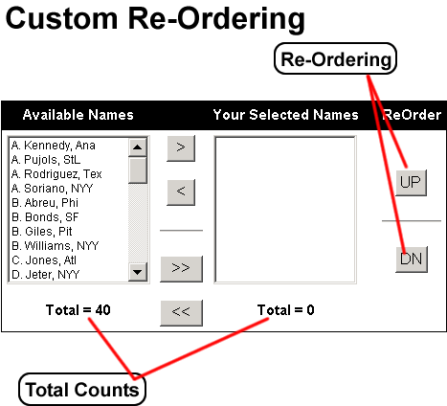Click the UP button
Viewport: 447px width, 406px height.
coord(411,183)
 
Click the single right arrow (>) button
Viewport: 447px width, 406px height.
coord(181,148)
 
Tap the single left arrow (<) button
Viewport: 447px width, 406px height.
coord(181,192)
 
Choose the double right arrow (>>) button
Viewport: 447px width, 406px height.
coord(181,269)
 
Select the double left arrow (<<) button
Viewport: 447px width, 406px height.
coord(181,313)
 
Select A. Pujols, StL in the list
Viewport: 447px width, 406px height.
coord(46,160)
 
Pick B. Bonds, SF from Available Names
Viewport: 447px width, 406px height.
coord(45,217)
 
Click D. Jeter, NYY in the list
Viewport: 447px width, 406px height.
coord(45,275)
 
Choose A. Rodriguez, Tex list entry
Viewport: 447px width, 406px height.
coord(56,174)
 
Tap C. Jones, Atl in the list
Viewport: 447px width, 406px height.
coord(44,260)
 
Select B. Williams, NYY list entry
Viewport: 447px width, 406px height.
coord(55,246)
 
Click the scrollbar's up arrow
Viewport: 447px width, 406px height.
coord(138,147)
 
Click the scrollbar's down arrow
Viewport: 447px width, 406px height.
coord(138,272)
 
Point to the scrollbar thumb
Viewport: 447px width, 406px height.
coord(138,170)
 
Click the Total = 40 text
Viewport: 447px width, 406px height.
coord(78,310)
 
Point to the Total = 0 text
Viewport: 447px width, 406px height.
coord(286,310)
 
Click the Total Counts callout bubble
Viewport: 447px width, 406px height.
coord(82,390)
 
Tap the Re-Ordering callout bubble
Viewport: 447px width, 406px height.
coord(335,59)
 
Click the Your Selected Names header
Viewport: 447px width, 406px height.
coord(285,115)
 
